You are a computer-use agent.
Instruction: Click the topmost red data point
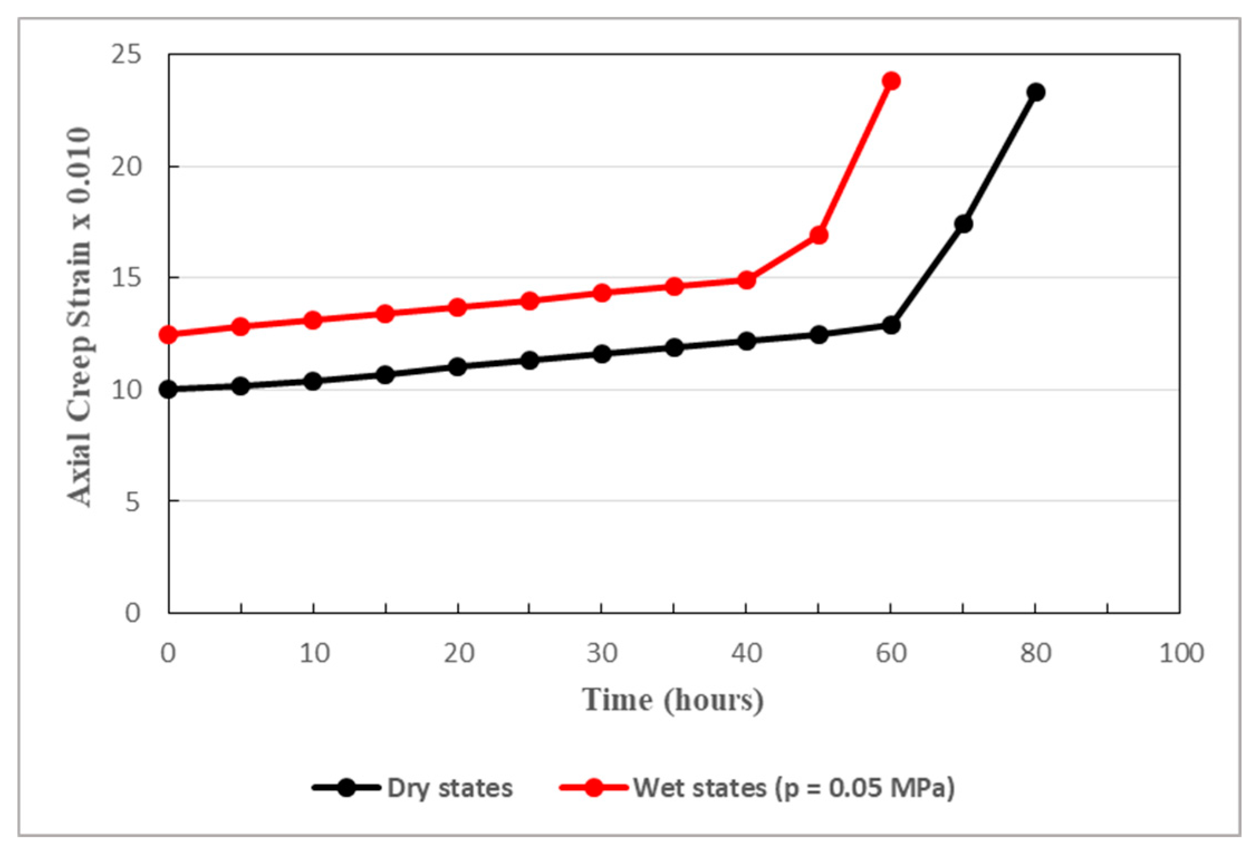coord(891,81)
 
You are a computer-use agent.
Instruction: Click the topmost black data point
coord(1035,92)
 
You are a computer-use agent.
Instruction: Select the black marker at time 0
coord(168,389)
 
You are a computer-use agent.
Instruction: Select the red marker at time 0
coord(168,335)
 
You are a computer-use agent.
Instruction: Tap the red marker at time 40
coord(746,280)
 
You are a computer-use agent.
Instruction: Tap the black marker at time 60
coord(891,325)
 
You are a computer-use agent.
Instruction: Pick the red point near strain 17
coord(818,235)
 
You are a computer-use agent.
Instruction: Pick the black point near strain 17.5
coord(963,224)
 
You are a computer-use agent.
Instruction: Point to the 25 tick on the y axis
coord(126,55)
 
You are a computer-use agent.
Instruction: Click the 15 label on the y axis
coord(126,278)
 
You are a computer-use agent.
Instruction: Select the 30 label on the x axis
coord(602,653)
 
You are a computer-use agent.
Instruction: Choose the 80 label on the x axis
coord(1035,653)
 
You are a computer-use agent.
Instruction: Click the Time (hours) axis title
coord(673,700)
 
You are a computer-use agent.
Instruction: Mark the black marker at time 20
coord(457,366)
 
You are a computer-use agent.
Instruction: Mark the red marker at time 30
coord(602,293)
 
